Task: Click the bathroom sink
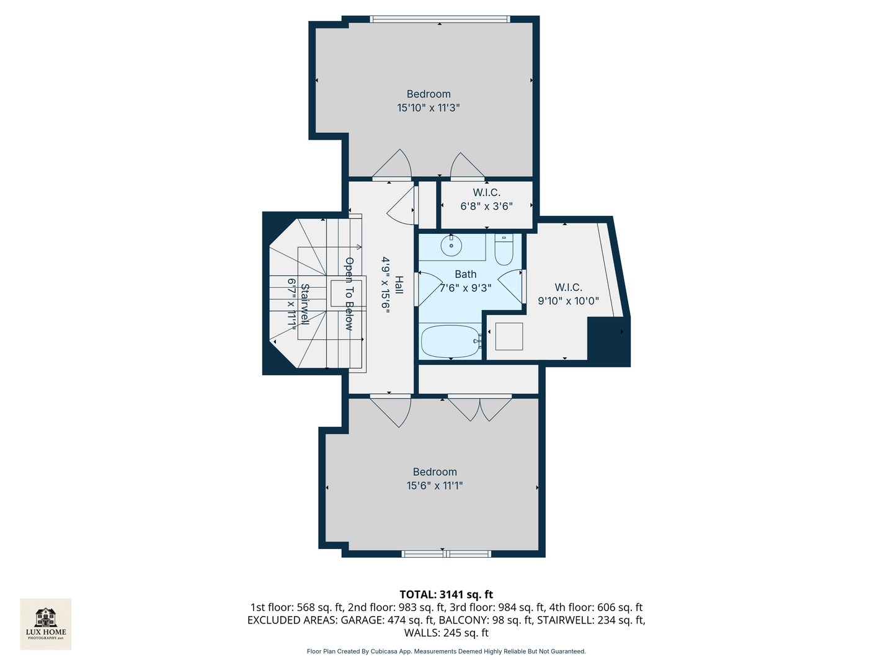pyautogui.click(x=451, y=246)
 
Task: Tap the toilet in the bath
pyautogui.click(x=504, y=249)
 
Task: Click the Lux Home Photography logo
pyautogui.click(x=46, y=623)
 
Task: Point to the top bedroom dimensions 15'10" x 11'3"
pyautogui.click(x=429, y=108)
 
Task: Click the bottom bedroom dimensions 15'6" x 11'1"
pyautogui.click(x=435, y=486)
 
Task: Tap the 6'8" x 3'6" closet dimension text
pyautogui.click(x=486, y=206)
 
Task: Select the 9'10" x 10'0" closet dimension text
pyautogui.click(x=568, y=301)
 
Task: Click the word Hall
pyautogui.click(x=399, y=285)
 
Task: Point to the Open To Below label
pyautogui.click(x=349, y=293)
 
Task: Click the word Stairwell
pyautogui.click(x=304, y=304)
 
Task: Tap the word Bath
pyautogui.click(x=466, y=274)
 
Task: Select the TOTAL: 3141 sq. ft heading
pyautogui.click(x=446, y=594)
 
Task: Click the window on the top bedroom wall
pyautogui.click(x=440, y=19)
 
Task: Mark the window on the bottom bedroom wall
pyautogui.click(x=446, y=553)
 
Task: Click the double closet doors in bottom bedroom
pyautogui.click(x=479, y=408)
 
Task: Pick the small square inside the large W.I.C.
pyautogui.click(x=509, y=336)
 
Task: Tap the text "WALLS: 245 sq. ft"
pyautogui.click(x=446, y=633)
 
